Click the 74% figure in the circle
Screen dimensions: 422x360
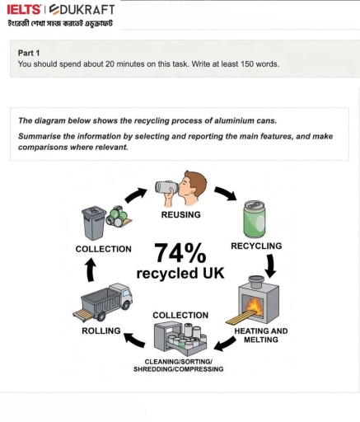pos(182,252)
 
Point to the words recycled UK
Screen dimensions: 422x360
pos(181,273)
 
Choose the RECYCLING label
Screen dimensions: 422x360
pos(255,246)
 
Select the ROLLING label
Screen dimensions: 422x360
pos(101,331)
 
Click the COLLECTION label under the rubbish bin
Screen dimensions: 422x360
pos(103,248)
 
